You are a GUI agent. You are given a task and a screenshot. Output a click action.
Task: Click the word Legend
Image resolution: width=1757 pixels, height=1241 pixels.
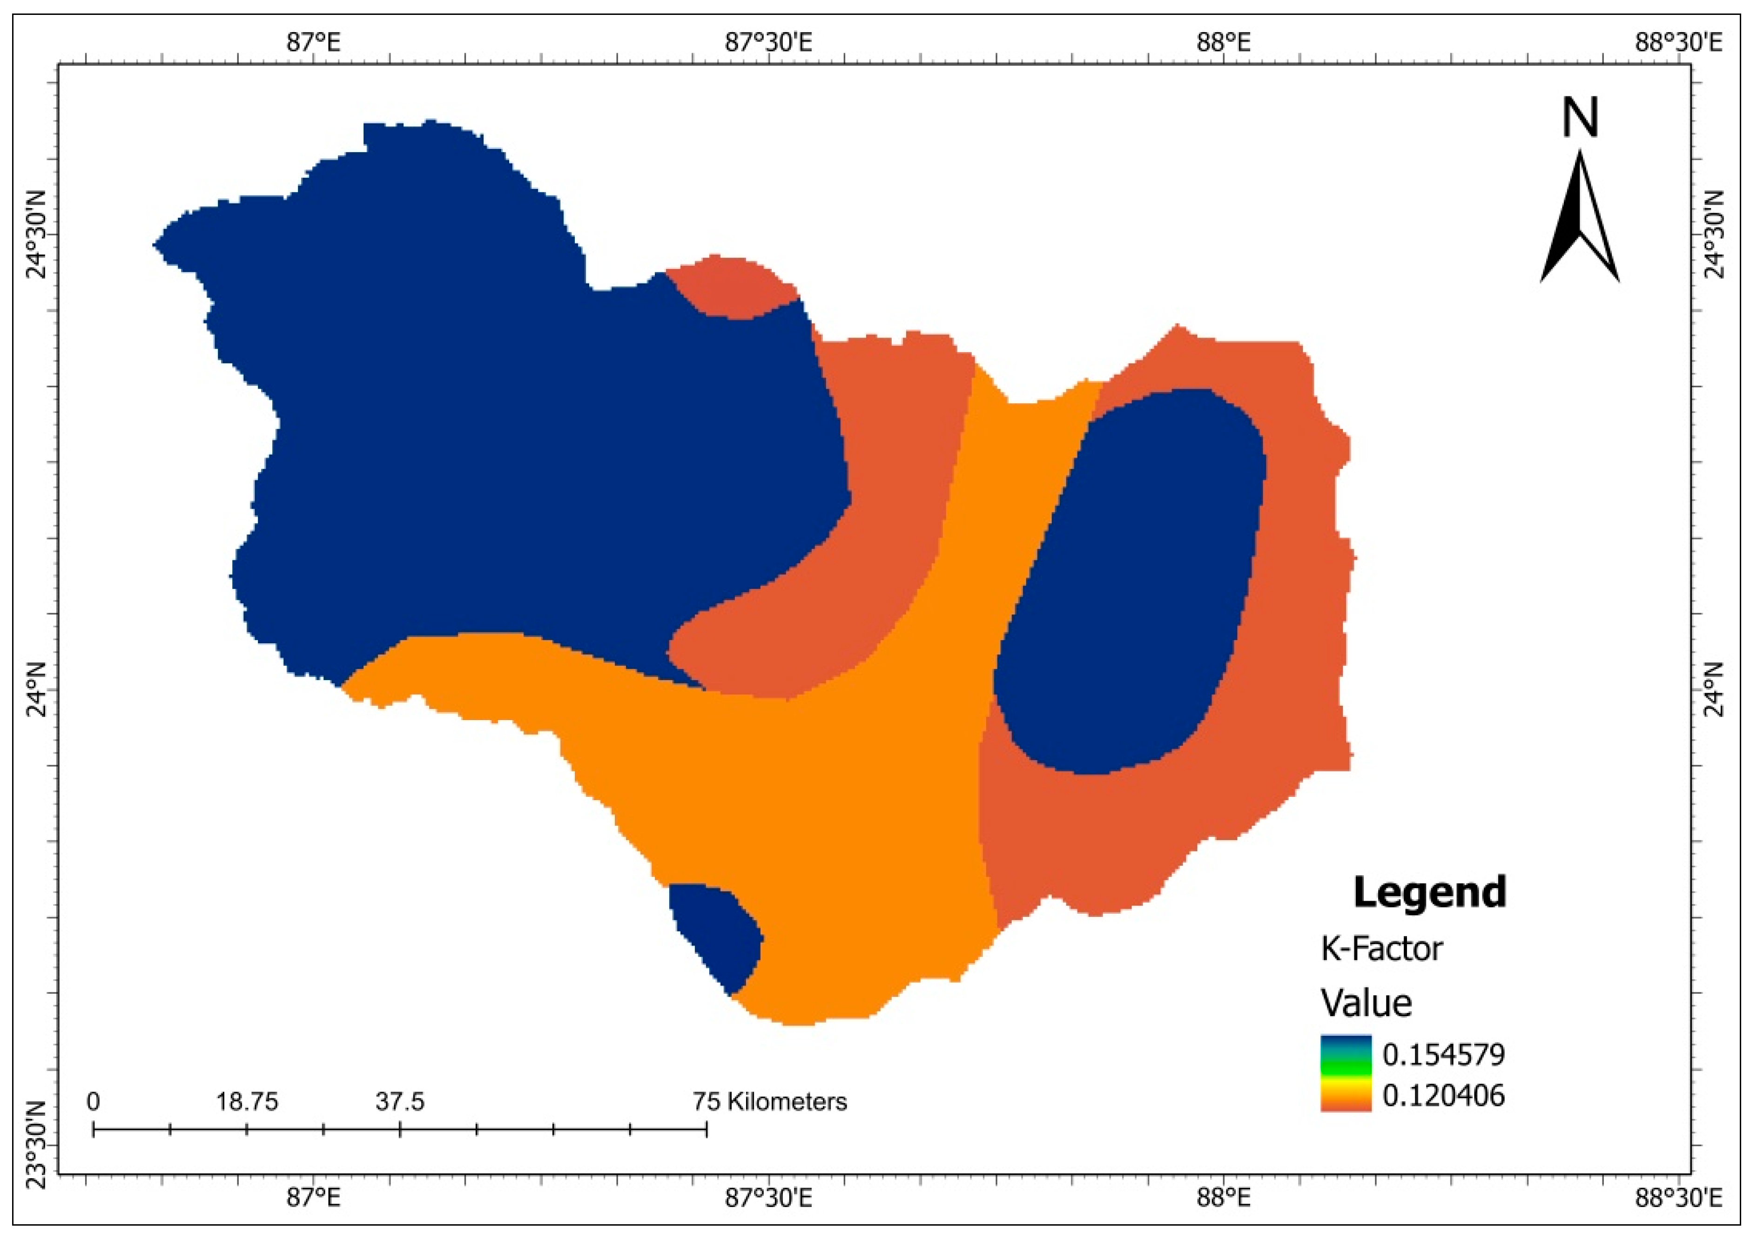click(1429, 892)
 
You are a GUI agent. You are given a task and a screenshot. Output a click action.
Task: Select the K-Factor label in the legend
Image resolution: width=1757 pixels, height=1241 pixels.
click(1381, 949)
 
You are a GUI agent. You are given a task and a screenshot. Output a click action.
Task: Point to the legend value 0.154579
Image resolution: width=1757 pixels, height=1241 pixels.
click(1443, 1055)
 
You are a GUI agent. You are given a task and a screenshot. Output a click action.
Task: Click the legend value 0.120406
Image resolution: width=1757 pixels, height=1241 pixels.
click(1443, 1096)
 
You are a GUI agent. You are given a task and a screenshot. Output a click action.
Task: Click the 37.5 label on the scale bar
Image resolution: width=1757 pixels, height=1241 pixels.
click(399, 1102)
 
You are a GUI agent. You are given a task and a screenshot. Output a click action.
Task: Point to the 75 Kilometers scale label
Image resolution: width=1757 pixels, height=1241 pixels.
click(770, 1102)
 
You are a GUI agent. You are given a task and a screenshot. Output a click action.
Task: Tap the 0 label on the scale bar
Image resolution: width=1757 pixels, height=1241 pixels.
click(94, 1102)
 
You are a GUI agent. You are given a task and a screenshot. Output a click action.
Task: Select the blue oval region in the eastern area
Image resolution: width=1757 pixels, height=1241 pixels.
click(1131, 582)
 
